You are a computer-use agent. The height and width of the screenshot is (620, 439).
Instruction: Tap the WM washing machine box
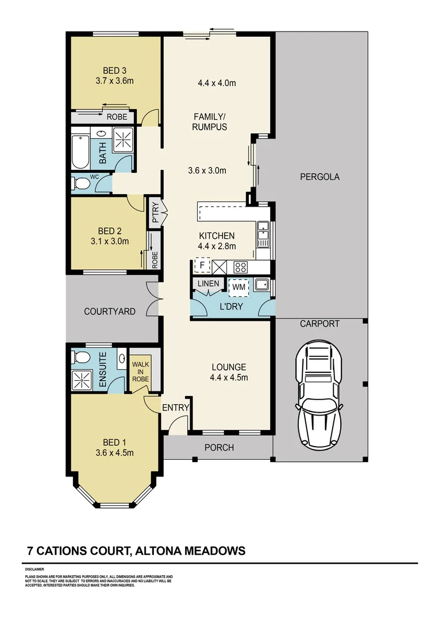(x=237, y=286)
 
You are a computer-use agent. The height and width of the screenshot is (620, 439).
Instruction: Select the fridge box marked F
(x=202, y=266)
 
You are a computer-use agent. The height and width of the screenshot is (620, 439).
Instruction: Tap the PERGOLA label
(x=319, y=177)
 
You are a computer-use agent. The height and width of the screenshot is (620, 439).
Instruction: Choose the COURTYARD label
(x=110, y=312)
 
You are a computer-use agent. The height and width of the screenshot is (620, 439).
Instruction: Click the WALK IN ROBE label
(x=140, y=371)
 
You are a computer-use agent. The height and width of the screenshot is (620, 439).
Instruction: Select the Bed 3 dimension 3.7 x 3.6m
(x=115, y=81)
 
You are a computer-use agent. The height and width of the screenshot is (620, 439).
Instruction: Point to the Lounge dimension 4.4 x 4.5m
(x=229, y=377)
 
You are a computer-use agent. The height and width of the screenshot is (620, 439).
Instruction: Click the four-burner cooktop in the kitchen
(x=240, y=267)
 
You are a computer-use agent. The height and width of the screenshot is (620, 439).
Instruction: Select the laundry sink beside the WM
(x=262, y=284)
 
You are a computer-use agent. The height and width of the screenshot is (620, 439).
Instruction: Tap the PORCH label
(x=219, y=448)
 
